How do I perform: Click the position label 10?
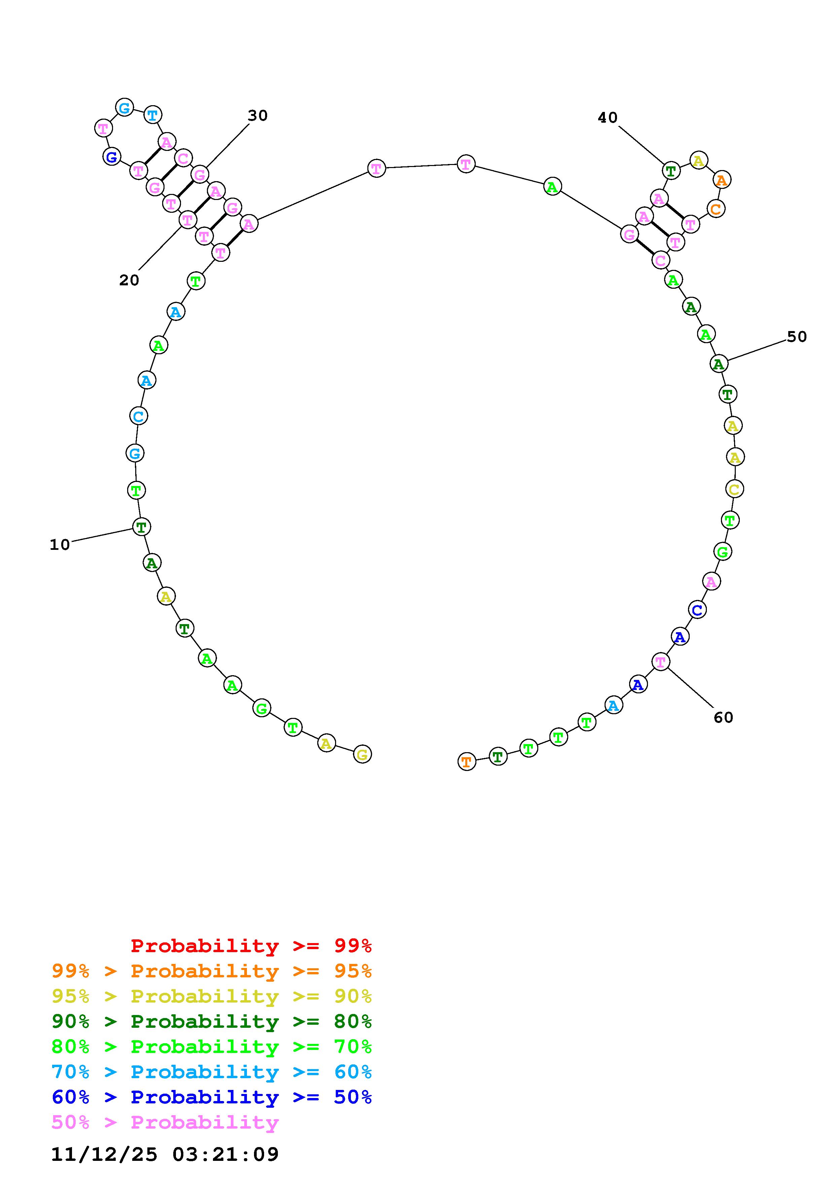(60, 545)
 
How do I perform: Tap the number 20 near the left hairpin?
(129, 280)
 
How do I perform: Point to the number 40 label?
(607, 118)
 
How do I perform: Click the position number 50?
(797, 337)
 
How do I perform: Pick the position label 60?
(724, 718)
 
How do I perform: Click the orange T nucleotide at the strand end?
(467, 762)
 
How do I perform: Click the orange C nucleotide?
(716, 209)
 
